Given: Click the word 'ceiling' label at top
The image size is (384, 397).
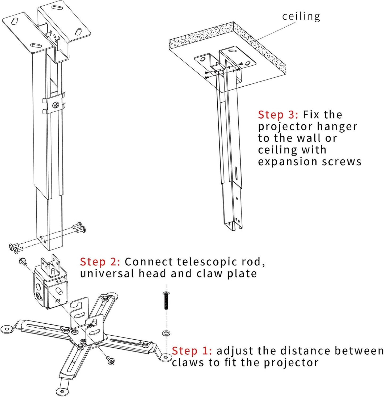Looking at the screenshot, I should [301, 16].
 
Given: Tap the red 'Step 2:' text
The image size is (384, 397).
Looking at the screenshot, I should [100, 262].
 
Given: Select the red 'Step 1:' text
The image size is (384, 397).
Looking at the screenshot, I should [192, 351].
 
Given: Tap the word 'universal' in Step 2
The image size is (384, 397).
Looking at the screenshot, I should [107, 273].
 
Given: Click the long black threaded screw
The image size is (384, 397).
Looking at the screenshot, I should [166, 300].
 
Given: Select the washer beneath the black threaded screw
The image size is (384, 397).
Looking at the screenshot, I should [166, 333].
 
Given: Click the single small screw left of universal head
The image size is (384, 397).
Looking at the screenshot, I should [23, 261].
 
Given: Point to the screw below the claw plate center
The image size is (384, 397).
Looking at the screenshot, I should [111, 361].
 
